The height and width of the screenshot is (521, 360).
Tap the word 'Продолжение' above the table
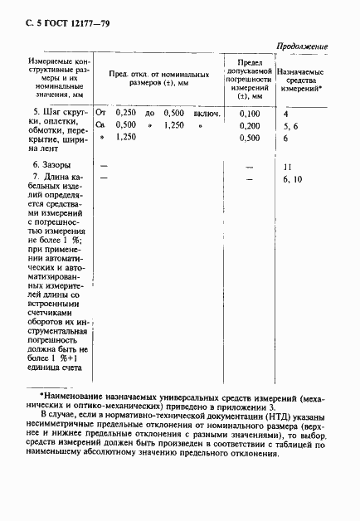click(301, 46)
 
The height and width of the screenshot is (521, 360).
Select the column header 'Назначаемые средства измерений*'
click(301, 80)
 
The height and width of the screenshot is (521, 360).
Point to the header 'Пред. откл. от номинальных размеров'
click(156, 80)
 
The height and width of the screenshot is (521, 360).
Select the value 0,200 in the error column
click(249, 124)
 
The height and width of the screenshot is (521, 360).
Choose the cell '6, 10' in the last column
click(292, 179)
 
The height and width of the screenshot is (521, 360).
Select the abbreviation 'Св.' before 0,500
click(101, 124)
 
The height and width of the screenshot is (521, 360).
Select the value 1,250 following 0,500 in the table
click(174, 124)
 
